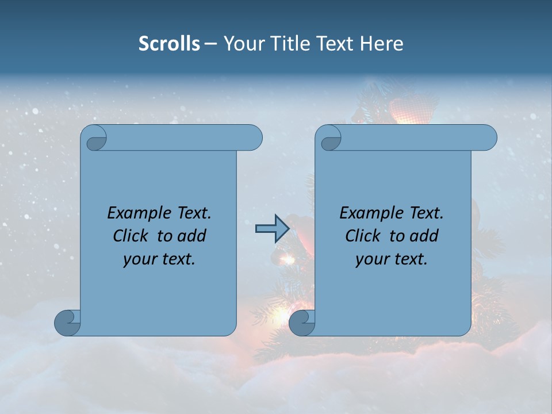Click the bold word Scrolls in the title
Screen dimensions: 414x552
[169, 44]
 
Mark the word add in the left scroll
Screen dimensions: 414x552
[192, 236]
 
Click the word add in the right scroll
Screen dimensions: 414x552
[424, 236]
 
